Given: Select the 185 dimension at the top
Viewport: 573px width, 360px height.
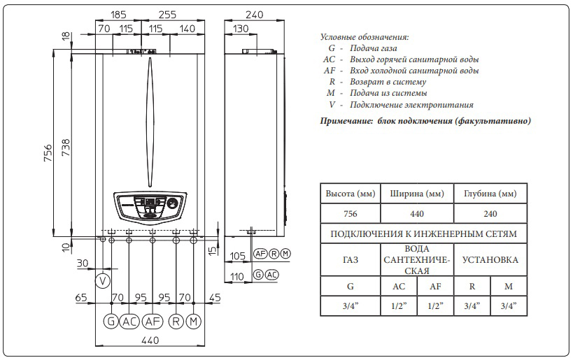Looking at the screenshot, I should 119,13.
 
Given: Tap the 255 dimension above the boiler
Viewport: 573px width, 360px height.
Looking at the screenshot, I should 168,13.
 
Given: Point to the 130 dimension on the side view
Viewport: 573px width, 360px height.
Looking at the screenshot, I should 241,29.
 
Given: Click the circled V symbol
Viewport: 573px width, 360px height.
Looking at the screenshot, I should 104,281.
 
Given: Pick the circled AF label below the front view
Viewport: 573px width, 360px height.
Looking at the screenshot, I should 153,322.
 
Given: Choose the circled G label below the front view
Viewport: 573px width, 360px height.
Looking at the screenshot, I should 111,322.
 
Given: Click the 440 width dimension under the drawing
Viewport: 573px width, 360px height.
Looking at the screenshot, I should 150,340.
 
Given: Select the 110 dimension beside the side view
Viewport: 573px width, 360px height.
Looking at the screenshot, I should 239,278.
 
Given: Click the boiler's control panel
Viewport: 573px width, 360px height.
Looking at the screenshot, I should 150,206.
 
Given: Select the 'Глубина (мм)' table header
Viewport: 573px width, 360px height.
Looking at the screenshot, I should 490,194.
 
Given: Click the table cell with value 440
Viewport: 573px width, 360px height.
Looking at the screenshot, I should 417,214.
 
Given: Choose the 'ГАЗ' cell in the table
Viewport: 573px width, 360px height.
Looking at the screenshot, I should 351,260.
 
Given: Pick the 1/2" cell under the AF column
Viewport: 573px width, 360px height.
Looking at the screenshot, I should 435,306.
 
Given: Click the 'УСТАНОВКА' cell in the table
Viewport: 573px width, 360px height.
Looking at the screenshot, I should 490,260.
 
